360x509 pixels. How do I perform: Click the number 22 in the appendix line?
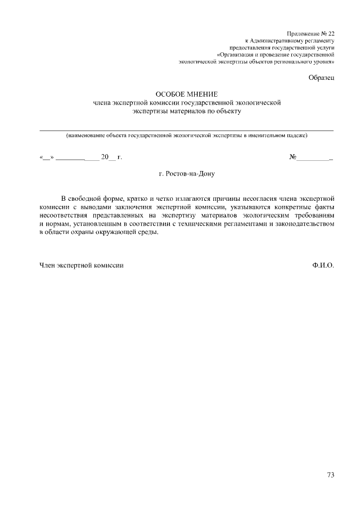coord(330,34)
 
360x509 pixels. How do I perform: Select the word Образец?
coord(321,77)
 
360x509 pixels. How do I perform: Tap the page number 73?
coord(330,475)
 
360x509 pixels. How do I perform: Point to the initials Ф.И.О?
coord(323,264)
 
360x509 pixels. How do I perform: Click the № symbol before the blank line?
coord(292,157)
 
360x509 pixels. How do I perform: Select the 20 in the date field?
coord(105,157)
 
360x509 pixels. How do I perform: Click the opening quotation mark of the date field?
coord(42,157)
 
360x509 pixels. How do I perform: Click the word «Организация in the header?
coord(234,55)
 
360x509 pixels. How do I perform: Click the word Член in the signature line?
coord(47,264)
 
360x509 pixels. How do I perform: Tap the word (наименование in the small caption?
coord(84,136)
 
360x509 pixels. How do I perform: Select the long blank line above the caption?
coord(186,130)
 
